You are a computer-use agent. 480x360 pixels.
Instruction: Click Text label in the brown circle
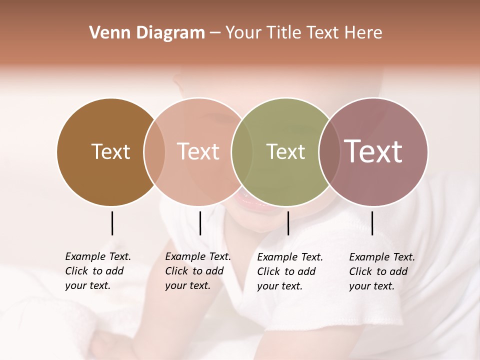[x=110, y=151]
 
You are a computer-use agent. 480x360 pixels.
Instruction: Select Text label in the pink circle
[x=198, y=151]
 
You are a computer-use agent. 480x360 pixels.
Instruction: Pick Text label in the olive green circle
[x=285, y=151]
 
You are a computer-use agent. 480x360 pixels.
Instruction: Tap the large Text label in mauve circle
[x=373, y=151]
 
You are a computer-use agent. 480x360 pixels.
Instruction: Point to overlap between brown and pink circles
[x=154, y=152]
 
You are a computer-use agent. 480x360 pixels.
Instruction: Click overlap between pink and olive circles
[x=242, y=152]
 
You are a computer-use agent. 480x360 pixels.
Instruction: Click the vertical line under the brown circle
[x=112, y=223]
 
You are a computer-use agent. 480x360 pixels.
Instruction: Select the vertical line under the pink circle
[x=200, y=223]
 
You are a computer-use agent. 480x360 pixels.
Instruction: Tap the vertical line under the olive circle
[x=288, y=223]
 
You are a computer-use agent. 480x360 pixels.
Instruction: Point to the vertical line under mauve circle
[x=372, y=223]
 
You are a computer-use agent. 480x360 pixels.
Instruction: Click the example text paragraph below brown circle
[x=97, y=271]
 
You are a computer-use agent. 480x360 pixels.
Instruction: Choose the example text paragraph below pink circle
[x=197, y=271]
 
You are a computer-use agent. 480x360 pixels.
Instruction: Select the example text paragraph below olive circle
[x=289, y=271]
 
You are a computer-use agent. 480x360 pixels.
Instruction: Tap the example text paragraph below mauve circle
[x=381, y=271]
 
